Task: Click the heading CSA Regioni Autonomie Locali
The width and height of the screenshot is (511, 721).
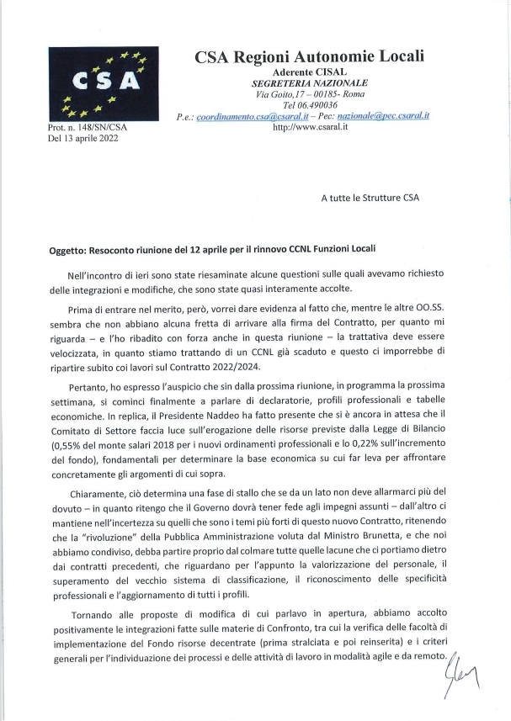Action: [309, 56]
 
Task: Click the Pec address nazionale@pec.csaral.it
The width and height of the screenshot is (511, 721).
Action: [385, 116]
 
